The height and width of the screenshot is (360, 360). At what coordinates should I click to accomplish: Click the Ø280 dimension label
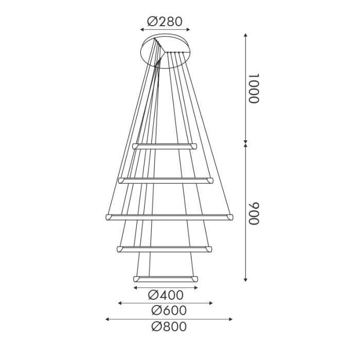click(x=165, y=22)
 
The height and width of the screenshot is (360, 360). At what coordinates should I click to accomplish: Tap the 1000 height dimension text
click(x=254, y=88)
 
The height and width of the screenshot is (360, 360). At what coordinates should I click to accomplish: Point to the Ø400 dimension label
click(x=166, y=295)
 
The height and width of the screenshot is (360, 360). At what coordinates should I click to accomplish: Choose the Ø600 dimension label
click(x=169, y=311)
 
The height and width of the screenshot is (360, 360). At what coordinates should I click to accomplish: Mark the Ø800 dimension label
click(x=169, y=327)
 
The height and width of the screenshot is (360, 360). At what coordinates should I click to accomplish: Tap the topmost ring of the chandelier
click(x=165, y=146)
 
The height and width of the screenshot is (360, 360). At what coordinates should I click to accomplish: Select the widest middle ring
click(x=169, y=217)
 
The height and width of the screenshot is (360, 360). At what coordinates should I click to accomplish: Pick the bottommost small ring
click(x=165, y=279)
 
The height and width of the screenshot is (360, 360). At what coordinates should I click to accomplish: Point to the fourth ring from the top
click(x=165, y=249)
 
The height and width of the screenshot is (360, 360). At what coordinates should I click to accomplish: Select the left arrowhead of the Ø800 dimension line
click(x=107, y=319)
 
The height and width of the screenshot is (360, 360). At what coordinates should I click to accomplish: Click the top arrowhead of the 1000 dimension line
click(x=246, y=35)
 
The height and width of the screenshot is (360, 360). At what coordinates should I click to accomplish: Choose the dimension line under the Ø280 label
click(x=165, y=30)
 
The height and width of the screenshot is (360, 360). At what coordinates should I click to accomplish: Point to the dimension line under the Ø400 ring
click(x=165, y=288)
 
